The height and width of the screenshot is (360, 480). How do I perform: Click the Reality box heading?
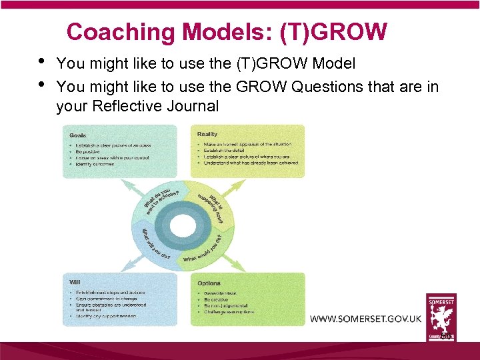coord(208,134)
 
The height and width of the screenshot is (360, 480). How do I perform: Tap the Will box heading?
coord(75,282)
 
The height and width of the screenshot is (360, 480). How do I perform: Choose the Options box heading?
coord(209,283)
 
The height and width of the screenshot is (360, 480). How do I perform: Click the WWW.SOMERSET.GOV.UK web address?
coord(365,319)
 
